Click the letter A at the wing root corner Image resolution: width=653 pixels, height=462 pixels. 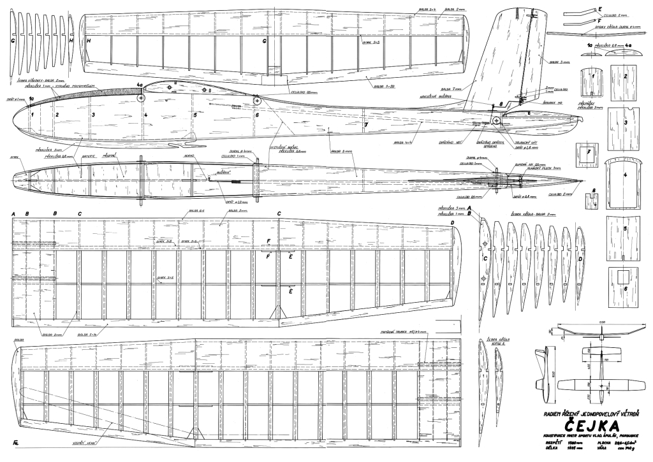(13, 214)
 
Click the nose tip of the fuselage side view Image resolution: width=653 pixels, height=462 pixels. (13, 116)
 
